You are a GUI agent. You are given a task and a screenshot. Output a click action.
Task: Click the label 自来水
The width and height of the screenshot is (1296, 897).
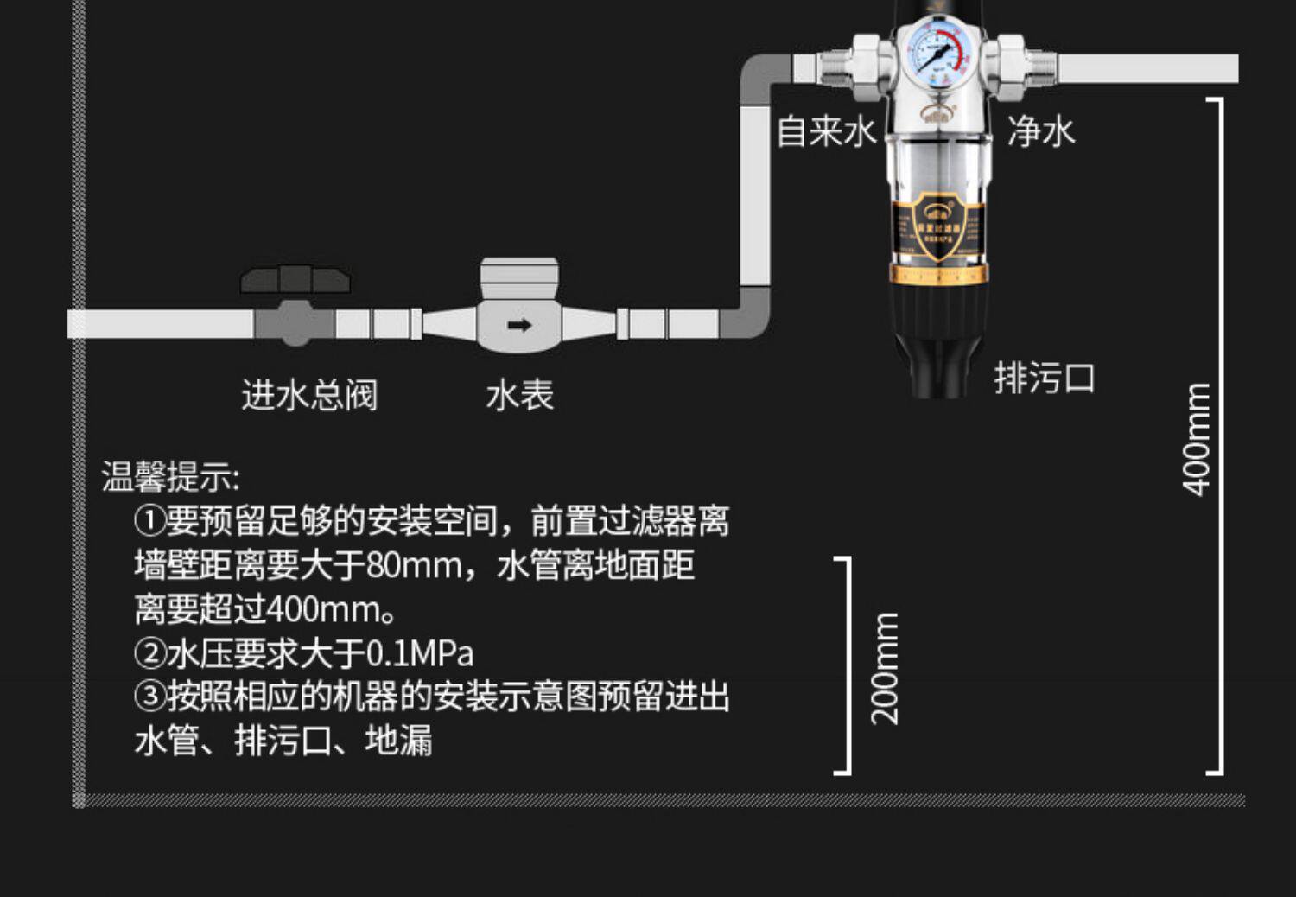point(826,132)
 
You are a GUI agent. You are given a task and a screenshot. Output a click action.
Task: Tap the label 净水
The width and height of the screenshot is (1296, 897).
point(1041,132)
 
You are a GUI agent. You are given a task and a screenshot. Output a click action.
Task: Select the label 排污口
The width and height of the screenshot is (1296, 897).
point(1044,379)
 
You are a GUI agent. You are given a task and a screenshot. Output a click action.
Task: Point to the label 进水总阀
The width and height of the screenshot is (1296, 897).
point(309,396)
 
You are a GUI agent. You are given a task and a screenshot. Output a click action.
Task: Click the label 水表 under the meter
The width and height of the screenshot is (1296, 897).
point(519,396)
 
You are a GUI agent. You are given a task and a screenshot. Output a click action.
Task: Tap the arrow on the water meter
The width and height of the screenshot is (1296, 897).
point(519,326)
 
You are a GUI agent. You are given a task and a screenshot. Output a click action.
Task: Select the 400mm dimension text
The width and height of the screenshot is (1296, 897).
point(1197,439)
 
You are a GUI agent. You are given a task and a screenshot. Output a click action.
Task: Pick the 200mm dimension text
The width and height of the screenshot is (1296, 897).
point(885,668)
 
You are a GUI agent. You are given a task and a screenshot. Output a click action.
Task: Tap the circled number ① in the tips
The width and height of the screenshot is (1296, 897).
point(149,521)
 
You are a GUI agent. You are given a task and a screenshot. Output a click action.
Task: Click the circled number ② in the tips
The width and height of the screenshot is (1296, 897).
point(149,653)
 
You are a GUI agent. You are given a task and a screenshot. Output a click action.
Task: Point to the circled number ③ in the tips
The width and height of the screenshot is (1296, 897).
point(149,697)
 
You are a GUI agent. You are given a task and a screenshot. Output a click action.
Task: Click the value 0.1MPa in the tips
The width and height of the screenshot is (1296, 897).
point(420,653)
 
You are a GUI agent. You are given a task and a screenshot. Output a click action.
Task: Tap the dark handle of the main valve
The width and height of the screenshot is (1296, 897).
point(295,280)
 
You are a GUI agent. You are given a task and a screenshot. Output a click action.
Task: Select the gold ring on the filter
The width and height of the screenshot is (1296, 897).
point(937,276)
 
